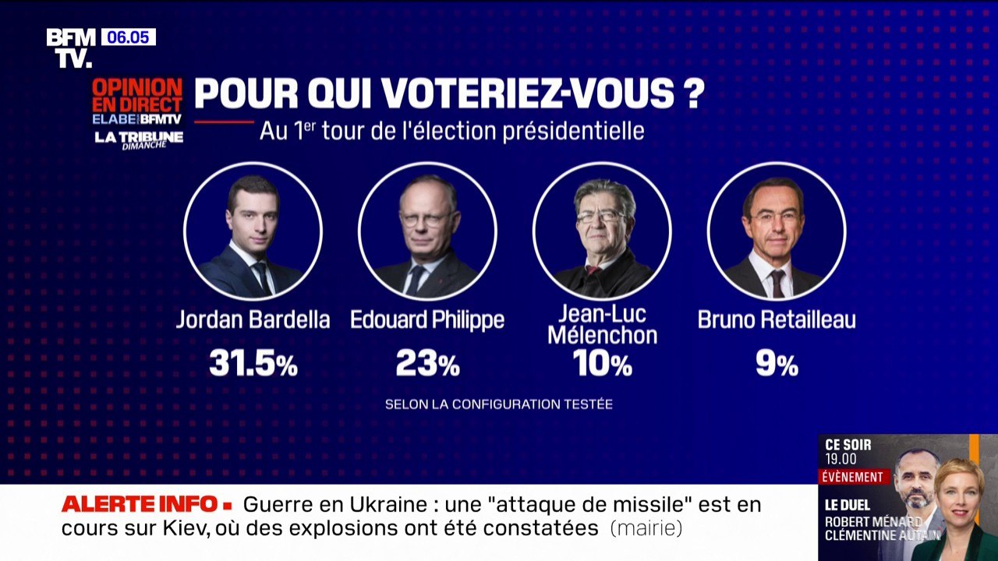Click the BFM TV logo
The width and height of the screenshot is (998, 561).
(70, 48)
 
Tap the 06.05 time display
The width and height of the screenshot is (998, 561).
(128, 37)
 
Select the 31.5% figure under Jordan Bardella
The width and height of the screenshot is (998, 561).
(253, 363)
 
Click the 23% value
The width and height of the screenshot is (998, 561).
(427, 363)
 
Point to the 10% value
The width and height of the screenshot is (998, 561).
(602, 363)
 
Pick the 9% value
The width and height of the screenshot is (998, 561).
(777, 364)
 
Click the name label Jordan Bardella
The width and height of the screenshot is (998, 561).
(253, 319)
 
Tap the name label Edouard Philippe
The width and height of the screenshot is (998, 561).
(427, 319)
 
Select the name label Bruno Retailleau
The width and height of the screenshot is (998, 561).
(777, 319)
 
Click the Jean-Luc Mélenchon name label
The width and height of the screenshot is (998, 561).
(602, 325)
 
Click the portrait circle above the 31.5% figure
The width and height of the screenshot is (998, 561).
(253, 231)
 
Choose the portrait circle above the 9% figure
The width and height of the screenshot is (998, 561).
(777, 231)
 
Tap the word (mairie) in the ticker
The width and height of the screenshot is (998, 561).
(646, 528)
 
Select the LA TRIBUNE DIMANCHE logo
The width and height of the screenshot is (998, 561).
(139, 139)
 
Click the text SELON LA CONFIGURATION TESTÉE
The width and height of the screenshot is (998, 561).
(499, 404)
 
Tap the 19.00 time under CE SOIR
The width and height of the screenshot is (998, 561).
(841, 460)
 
